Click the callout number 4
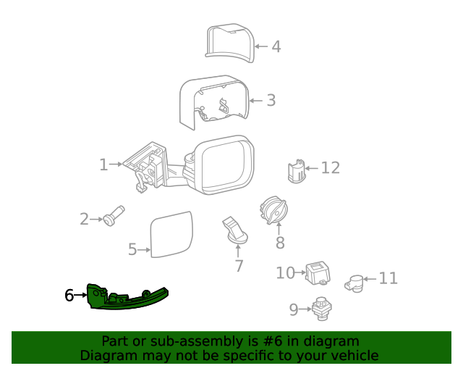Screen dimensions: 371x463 [276, 47]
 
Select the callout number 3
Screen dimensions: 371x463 [271, 101]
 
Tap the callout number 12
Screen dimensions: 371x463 [330, 168]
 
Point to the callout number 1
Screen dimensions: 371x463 [103, 165]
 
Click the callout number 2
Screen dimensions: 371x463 [84, 219]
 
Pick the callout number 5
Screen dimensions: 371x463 [132, 250]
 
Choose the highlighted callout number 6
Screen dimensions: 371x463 [69, 295]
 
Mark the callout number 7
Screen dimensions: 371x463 [239, 266]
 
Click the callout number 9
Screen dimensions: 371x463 [294, 310]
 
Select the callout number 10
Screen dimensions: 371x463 [285, 272]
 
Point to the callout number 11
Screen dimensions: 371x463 [388, 278]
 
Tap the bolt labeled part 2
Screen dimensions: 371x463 [114, 215]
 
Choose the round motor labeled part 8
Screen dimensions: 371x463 [273, 212]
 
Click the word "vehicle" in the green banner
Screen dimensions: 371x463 [353, 356]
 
